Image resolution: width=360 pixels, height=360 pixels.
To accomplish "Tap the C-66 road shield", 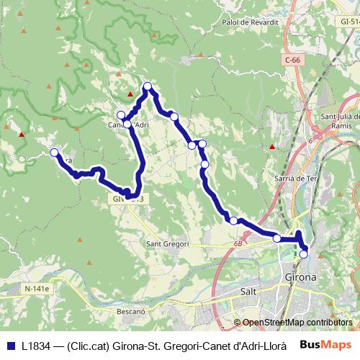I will tap(292, 60).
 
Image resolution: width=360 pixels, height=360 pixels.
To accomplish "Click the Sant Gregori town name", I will tap(168, 244).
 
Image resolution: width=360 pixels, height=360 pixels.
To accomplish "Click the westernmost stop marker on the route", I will tap(55, 152).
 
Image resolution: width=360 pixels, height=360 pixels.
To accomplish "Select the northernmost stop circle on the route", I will tap(148, 87).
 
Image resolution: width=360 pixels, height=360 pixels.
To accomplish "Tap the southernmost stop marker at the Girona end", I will tap(303, 253).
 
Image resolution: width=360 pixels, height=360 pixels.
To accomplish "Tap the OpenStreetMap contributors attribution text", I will tap(297, 323).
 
